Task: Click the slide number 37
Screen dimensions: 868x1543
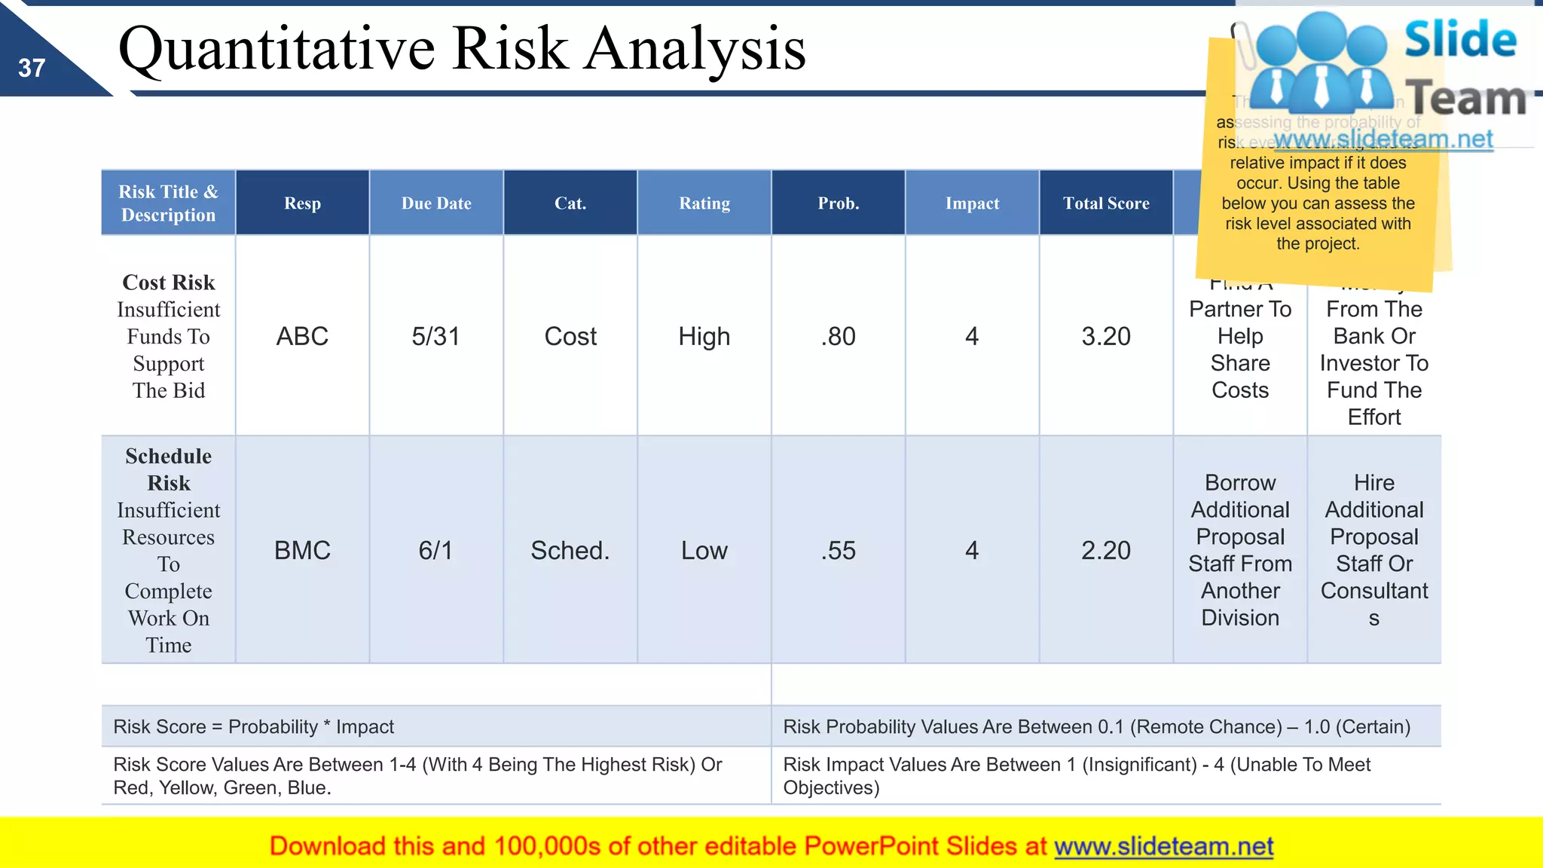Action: (32, 69)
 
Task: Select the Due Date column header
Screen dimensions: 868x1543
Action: (436, 203)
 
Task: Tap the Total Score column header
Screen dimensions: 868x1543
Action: (1106, 203)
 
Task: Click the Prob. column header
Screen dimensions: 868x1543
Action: (839, 203)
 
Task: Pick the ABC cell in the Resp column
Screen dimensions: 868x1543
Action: (302, 336)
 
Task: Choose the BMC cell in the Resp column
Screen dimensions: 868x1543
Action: (302, 551)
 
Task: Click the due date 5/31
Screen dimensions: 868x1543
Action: (435, 336)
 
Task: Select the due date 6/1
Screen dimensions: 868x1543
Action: (435, 551)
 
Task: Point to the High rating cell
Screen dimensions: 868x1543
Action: (704, 336)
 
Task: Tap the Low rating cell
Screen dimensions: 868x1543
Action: (704, 551)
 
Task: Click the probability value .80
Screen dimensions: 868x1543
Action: (839, 336)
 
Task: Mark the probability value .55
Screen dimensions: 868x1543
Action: (839, 551)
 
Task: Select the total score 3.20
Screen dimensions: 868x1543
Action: (1106, 336)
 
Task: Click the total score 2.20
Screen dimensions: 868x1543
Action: (1106, 551)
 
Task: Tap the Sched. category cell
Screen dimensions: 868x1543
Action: (570, 551)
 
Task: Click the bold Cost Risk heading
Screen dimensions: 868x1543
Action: (169, 283)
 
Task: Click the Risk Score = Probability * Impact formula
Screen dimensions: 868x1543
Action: (253, 727)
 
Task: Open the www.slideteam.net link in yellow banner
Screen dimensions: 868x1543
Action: (1163, 847)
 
